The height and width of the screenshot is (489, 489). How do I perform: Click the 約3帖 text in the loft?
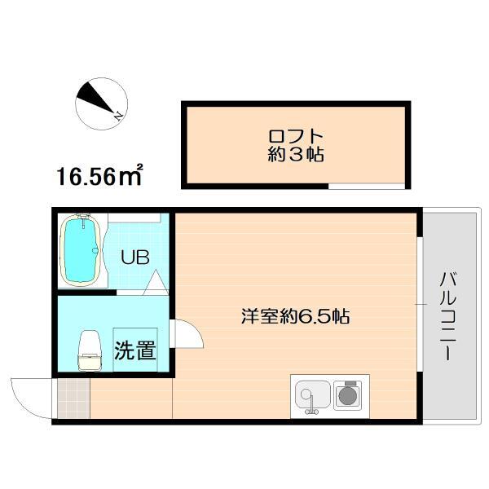[295, 155]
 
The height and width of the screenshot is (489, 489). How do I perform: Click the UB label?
[134, 258]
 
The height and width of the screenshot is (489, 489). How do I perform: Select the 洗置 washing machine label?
[135, 351]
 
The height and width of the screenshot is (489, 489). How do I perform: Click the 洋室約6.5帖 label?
[295, 316]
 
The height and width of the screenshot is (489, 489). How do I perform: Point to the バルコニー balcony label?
[447, 316]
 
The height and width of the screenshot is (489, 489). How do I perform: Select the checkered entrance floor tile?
[72, 399]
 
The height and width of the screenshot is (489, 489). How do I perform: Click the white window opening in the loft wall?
[366, 187]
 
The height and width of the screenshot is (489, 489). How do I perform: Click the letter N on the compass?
[119, 114]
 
